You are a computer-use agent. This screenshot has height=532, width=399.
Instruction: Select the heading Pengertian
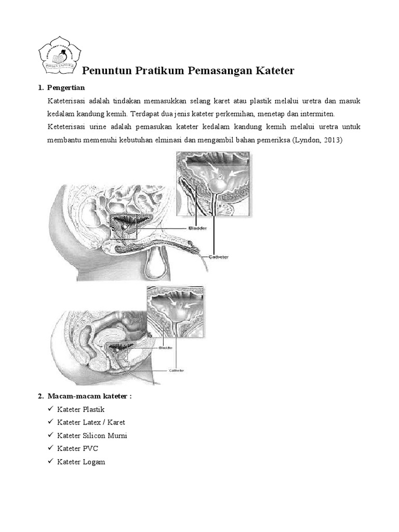[x=65, y=87]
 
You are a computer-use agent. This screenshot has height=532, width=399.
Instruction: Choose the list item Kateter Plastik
[x=81, y=409]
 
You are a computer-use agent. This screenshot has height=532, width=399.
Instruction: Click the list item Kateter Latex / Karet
[x=91, y=422]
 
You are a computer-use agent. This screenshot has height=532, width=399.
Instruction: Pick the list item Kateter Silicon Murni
[x=92, y=435]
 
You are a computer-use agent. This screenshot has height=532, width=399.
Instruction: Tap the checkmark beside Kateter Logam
[x=50, y=461]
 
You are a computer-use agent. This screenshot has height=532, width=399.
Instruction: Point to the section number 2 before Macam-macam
[x=40, y=396]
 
